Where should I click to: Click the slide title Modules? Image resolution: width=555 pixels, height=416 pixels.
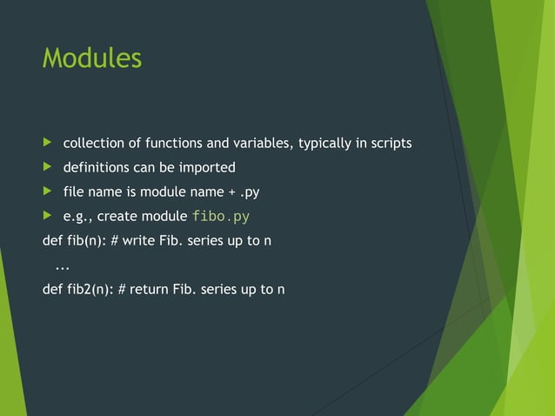click(x=91, y=58)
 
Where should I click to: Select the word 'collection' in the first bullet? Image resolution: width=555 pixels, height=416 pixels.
click(x=91, y=143)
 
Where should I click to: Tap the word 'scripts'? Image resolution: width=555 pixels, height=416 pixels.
click(x=391, y=143)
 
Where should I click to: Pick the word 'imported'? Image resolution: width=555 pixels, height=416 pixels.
click(x=208, y=167)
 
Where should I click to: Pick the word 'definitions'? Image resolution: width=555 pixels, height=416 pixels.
click(x=96, y=167)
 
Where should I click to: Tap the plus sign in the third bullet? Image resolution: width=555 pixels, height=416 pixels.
click(x=231, y=192)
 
